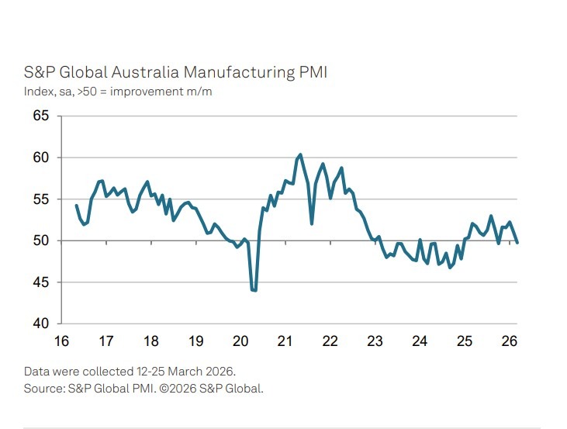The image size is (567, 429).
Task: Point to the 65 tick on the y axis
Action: click(40, 116)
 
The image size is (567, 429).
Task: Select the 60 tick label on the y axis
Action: click(40, 157)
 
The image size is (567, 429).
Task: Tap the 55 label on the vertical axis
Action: click(40, 199)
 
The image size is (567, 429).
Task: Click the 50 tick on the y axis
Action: click(40, 240)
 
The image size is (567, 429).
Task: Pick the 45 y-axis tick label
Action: click(40, 282)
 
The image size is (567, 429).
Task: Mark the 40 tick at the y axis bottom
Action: click(40, 323)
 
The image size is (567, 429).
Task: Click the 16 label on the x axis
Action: click(61, 341)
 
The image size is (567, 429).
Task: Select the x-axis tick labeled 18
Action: click(151, 341)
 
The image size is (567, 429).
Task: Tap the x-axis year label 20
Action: click(240, 341)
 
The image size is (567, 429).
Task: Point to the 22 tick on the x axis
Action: click(330, 341)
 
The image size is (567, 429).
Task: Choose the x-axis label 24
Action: click(420, 341)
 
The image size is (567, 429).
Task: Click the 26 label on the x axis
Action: click(509, 341)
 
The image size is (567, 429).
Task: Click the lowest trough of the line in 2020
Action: click(254, 290)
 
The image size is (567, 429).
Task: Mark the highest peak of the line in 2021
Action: click(300, 154)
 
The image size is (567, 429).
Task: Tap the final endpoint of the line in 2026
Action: click(517, 243)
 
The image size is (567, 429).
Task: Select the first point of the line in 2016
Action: click(76, 206)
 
